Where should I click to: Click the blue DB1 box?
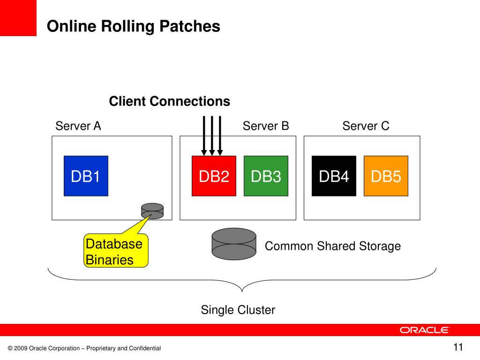[x=86, y=176]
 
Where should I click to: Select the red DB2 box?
[x=214, y=176]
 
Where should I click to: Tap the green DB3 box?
[x=266, y=176]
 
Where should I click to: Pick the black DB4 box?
[x=334, y=176]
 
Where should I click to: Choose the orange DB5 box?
[x=386, y=176]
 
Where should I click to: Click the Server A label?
[x=78, y=126]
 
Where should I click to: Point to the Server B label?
[x=266, y=126]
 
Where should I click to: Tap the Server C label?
[x=366, y=126]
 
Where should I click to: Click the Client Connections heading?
[x=170, y=101]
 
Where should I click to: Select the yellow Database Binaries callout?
[x=116, y=250]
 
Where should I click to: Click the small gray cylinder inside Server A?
[x=152, y=211]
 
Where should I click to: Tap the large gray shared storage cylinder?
[x=234, y=244]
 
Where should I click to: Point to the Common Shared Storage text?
[x=333, y=246]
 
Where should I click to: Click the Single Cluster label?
[x=238, y=310]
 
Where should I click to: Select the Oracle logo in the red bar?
[x=424, y=330]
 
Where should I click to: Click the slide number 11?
[x=458, y=347]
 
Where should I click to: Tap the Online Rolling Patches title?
[x=134, y=26]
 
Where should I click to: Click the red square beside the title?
[x=18, y=18]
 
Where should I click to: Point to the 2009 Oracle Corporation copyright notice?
[x=84, y=348]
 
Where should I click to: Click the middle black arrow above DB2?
[x=212, y=136]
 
